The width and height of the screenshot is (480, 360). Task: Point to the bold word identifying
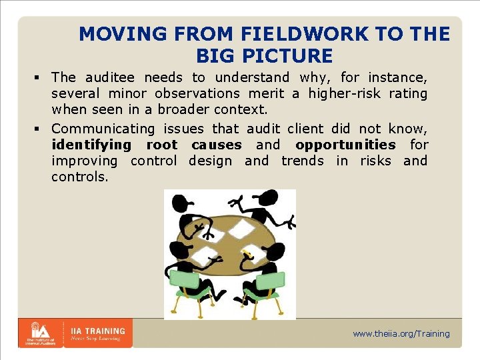pos(91,145)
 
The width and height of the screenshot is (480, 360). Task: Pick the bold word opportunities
pos(345,145)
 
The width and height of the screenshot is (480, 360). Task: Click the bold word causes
pos(217,145)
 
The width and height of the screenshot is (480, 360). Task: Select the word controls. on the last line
pos(79,177)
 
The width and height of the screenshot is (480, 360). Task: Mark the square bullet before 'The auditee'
pos(41,78)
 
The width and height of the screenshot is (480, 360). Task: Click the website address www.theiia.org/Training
pos(401,333)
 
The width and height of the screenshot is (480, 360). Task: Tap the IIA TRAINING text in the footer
pos(98,331)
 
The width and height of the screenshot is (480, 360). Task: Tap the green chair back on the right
pos(270,280)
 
